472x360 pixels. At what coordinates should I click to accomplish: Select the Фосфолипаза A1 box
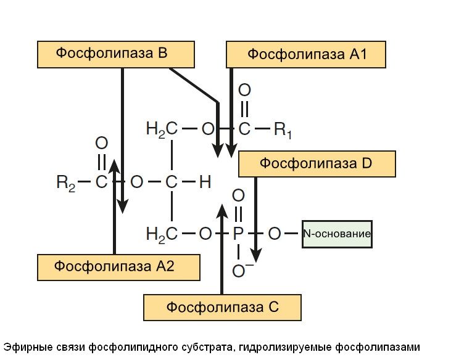[x=307, y=54]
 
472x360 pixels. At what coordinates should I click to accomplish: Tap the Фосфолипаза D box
[x=317, y=164]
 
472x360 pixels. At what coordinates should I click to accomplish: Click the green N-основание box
[x=337, y=234]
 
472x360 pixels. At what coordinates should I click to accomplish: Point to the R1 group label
[x=283, y=130]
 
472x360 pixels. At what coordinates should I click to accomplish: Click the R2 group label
[x=65, y=182]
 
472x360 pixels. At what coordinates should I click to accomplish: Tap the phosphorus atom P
[x=238, y=234]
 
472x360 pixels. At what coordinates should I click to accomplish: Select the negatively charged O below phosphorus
[x=238, y=269]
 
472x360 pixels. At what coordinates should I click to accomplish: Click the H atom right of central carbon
[x=205, y=182]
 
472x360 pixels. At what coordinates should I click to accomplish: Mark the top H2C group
[x=162, y=130]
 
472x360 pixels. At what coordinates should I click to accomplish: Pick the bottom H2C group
[x=162, y=234]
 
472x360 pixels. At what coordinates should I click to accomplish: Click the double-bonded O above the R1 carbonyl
[x=244, y=90]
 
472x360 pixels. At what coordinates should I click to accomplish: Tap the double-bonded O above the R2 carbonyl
[x=102, y=143]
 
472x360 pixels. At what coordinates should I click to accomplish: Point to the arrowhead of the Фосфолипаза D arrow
[x=256, y=256]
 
